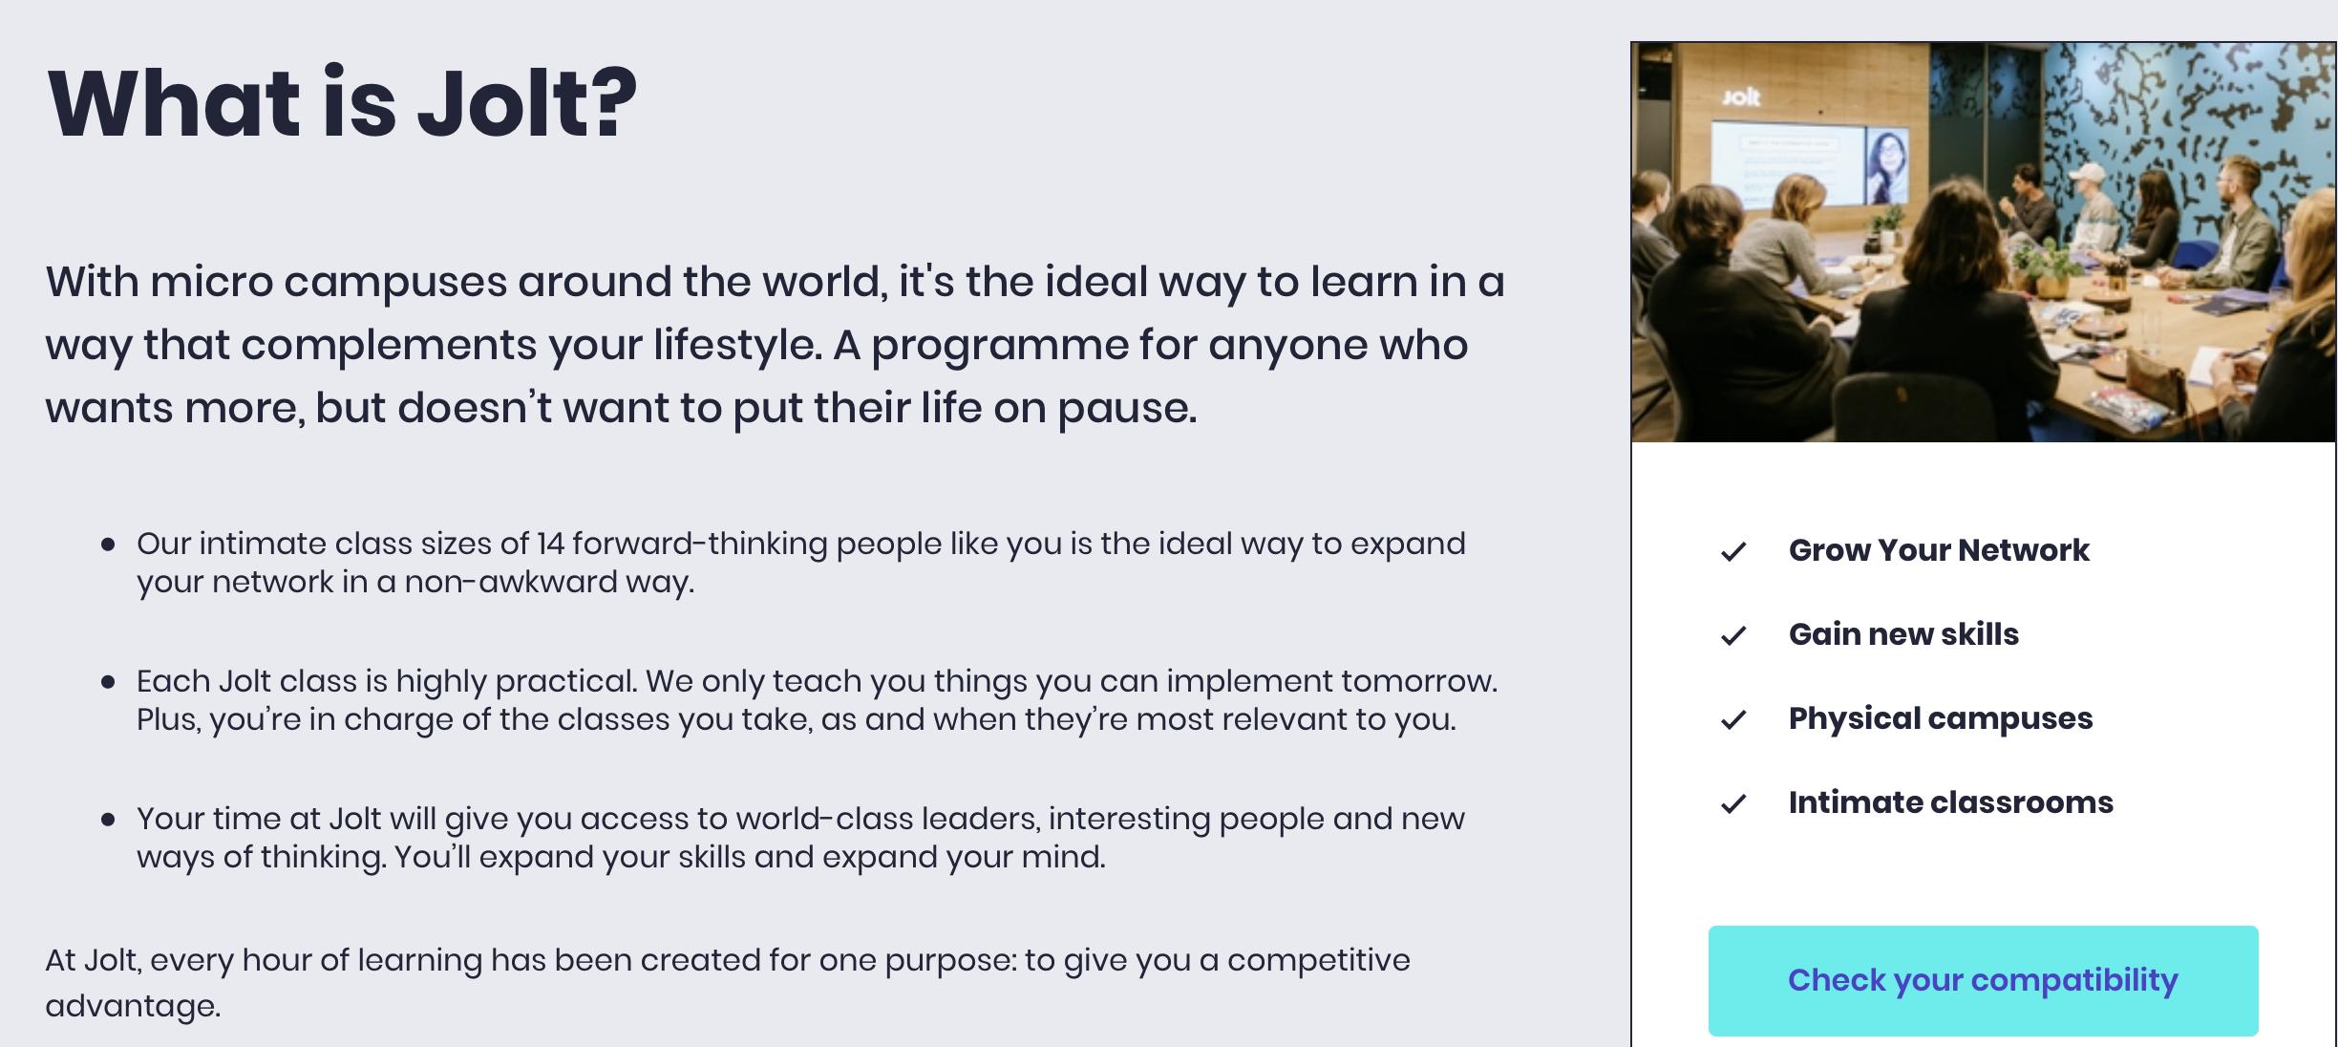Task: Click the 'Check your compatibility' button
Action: point(1983,980)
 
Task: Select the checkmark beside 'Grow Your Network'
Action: point(1733,551)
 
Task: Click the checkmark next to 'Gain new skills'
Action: point(1733,635)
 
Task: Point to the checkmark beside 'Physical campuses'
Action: point(1733,719)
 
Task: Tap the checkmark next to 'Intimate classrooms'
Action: point(1733,803)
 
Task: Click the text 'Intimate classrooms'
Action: point(1950,802)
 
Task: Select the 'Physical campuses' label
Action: point(1941,718)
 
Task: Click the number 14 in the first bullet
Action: point(550,544)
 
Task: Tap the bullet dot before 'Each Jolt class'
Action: point(108,682)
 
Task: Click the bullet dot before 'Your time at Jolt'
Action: point(108,820)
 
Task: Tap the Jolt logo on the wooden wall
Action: point(1740,96)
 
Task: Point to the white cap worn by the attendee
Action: point(2088,173)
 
